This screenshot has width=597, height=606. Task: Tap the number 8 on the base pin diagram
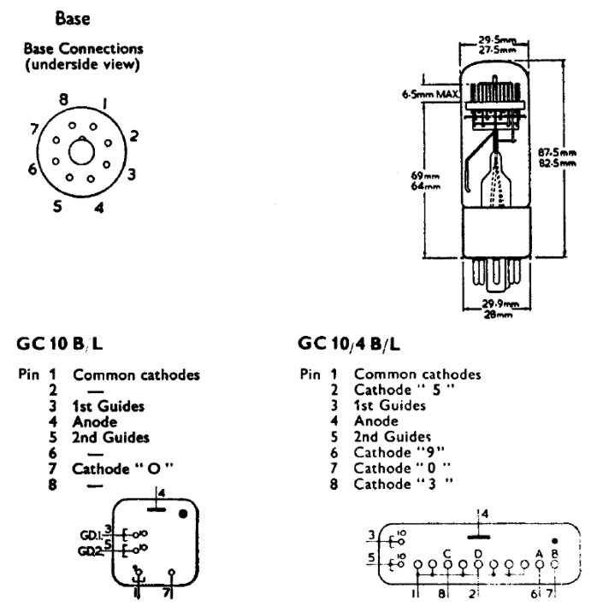click(63, 99)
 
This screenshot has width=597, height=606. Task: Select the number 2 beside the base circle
click(134, 135)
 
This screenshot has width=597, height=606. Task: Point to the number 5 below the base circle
click(57, 205)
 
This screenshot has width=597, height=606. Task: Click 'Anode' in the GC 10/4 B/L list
click(376, 421)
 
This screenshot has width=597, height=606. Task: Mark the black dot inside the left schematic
click(183, 515)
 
